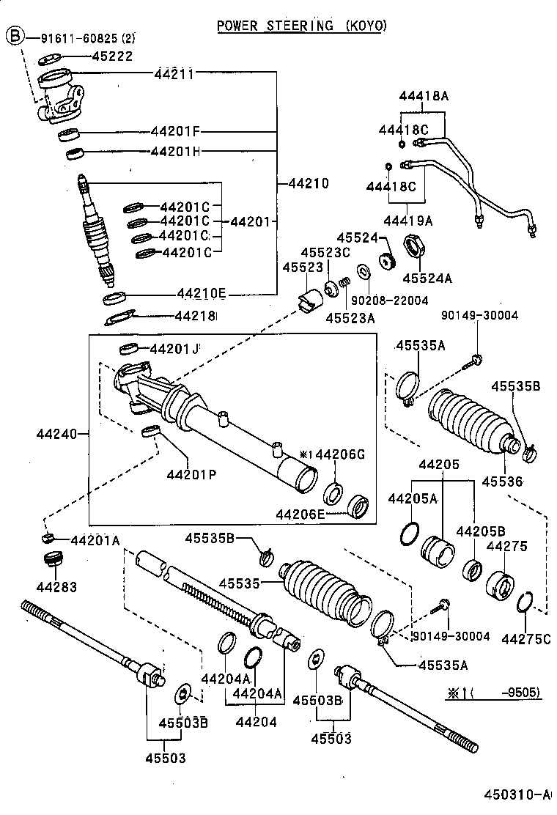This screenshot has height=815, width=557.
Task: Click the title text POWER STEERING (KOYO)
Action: pyautogui.click(x=302, y=26)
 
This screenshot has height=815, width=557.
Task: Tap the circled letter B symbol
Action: pyautogui.click(x=15, y=34)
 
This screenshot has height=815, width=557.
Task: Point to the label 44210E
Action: pyautogui.click(x=201, y=294)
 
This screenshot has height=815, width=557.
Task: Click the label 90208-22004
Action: pyautogui.click(x=389, y=300)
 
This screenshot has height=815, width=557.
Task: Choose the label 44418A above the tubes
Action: pyautogui.click(x=424, y=96)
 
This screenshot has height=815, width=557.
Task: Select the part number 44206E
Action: pyautogui.click(x=300, y=515)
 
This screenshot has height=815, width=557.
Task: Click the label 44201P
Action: pyautogui.click(x=191, y=473)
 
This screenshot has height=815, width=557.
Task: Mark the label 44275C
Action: pyautogui.click(x=525, y=638)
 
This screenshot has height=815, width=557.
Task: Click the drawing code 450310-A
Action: pyautogui.click(x=517, y=794)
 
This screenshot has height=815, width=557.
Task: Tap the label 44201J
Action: pyautogui.click(x=174, y=349)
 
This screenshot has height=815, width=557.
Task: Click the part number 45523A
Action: pyautogui.click(x=350, y=317)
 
